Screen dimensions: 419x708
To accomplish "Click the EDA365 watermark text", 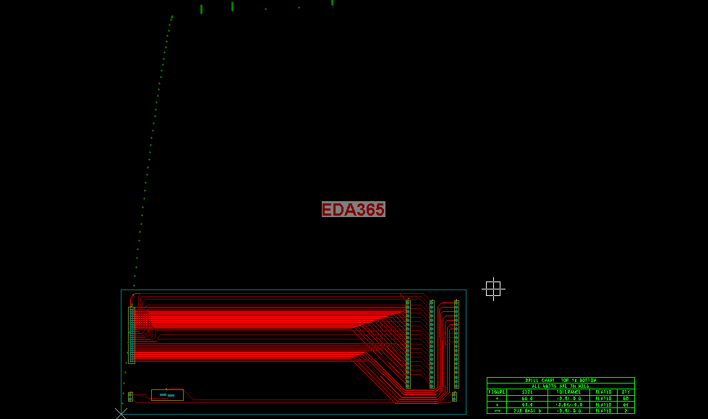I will coord(353,209).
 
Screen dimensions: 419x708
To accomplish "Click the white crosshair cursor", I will coord(493,289).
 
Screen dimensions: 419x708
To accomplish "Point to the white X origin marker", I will coord(121,413).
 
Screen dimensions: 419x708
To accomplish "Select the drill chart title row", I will coord(560,380).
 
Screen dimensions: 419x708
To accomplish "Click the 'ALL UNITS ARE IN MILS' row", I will coord(560,386).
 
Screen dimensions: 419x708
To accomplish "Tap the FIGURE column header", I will coord(497,392).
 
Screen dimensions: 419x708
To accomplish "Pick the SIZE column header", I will coord(527,392).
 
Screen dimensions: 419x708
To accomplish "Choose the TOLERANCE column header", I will coord(568,392).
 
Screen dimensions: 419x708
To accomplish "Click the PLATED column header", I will coord(603,392).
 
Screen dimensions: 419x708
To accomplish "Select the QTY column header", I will coord(626,392).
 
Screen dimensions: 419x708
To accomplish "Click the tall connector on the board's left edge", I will coord(132,334).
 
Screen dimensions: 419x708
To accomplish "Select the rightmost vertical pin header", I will coord(456,344).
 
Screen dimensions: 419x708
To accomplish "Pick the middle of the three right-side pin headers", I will coord(432,344).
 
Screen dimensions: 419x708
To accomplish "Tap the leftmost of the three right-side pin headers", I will coord(408,344).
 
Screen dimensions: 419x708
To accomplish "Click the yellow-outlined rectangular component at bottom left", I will coord(167,394).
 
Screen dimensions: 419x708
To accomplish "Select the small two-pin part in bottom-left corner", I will coord(130,397).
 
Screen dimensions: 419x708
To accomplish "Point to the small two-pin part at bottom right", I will coord(454,397).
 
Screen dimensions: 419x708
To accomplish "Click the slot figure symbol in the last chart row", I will coord(497,410).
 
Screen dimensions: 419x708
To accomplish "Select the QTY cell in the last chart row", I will coord(626,410).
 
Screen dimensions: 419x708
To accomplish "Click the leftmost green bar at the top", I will coord(201,9).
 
